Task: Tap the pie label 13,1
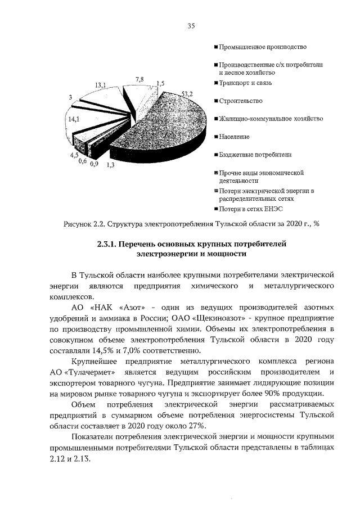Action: click(x=101, y=85)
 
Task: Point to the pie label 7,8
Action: click(x=139, y=80)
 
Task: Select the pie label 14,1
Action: click(x=73, y=119)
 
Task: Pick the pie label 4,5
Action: click(x=74, y=155)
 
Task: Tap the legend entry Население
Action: click(x=234, y=137)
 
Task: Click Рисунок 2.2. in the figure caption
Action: click(x=84, y=224)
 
